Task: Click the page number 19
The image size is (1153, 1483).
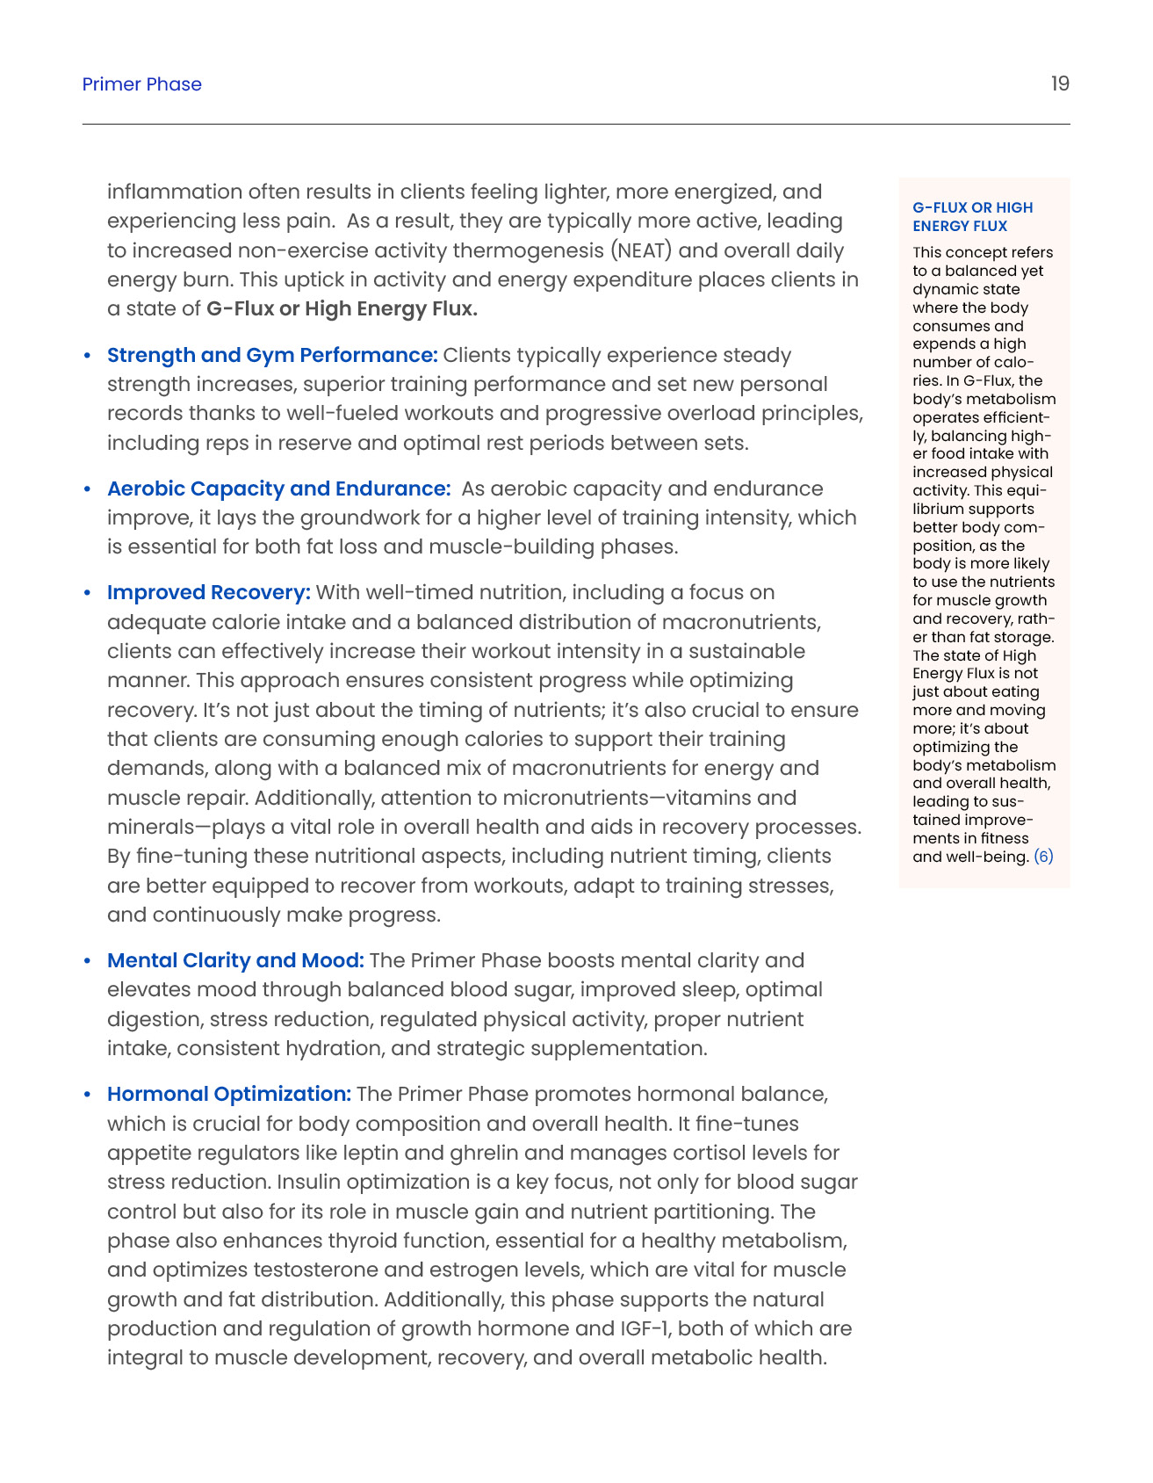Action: pos(1060,83)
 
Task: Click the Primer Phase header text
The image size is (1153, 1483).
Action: pos(141,84)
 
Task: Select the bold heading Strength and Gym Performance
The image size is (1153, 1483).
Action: pos(272,355)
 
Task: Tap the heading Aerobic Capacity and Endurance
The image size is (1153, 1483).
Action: pos(278,488)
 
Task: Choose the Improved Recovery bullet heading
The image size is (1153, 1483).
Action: pos(208,592)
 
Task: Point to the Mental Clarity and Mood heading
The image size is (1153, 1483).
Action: pos(235,960)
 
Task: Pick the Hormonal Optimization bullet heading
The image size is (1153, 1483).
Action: pos(229,1094)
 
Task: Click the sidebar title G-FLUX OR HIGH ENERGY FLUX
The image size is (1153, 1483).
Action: pos(972,216)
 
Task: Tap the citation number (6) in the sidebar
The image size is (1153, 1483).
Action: pos(1043,857)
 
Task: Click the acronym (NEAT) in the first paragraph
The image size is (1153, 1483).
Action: pos(642,250)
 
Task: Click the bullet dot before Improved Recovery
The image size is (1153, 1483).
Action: pos(87,593)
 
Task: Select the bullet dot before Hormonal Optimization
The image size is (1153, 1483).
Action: pos(87,1095)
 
